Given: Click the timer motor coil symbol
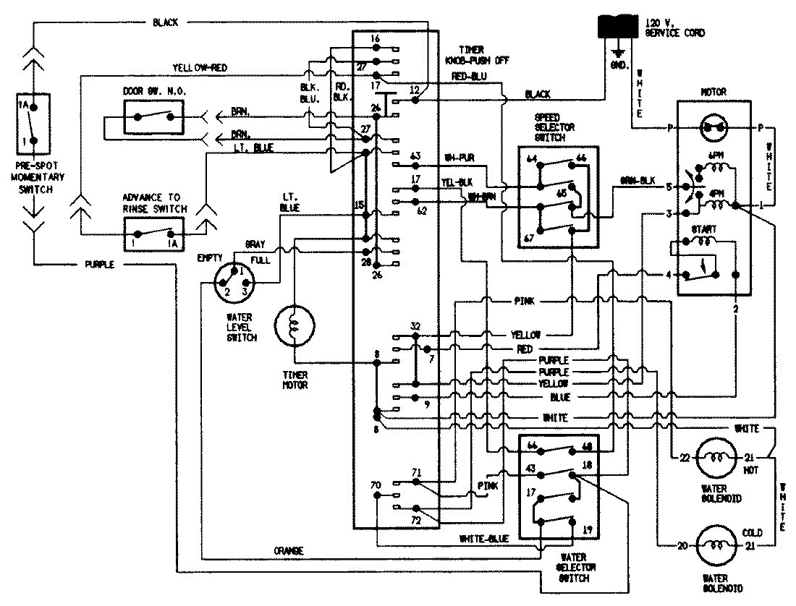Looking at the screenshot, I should click(295, 327).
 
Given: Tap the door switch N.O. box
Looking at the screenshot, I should click(153, 116).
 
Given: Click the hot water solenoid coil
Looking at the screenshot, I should click(716, 457).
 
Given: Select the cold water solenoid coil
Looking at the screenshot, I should click(716, 547).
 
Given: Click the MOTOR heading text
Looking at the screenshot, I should click(713, 93).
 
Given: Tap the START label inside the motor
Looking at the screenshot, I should click(705, 229).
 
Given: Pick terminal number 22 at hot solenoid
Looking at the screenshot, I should click(683, 457).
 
